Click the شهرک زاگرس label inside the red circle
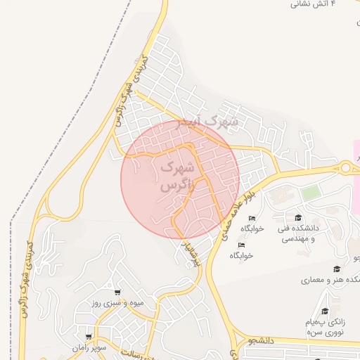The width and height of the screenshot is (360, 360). coord(175,177)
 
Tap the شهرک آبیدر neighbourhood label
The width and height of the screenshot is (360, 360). coord(208,122)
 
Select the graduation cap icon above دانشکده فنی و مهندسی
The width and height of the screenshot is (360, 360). coord(298,217)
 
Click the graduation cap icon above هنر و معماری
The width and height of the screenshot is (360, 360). coord(337,269)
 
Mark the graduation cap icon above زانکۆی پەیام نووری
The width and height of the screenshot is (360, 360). coord(324,311)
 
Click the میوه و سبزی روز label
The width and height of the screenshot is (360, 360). coord(117,304)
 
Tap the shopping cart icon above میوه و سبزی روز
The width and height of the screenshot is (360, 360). coord(117,292)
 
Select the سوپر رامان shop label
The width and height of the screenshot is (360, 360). coord(88,348)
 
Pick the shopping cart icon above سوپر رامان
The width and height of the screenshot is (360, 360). coord(88,337)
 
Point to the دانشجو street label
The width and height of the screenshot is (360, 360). coord(288,341)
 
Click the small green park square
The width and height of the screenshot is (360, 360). coord(310,191)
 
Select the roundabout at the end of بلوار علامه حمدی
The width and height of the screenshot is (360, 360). coord(346,167)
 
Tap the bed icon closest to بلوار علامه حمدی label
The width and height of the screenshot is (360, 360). coord(252,218)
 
